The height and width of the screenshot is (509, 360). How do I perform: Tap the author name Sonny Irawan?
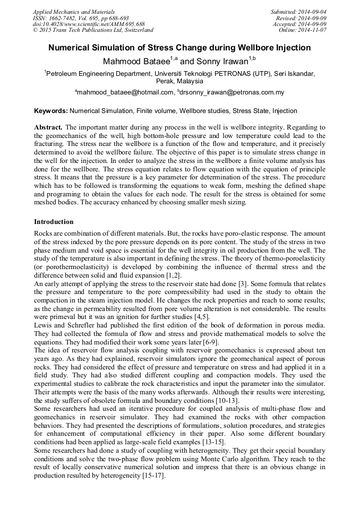coord(217,61)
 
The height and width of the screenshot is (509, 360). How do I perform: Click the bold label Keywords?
coord(50,111)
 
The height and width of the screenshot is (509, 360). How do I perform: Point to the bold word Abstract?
coord(48,128)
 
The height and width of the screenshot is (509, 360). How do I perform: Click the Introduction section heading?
coord(54,221)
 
